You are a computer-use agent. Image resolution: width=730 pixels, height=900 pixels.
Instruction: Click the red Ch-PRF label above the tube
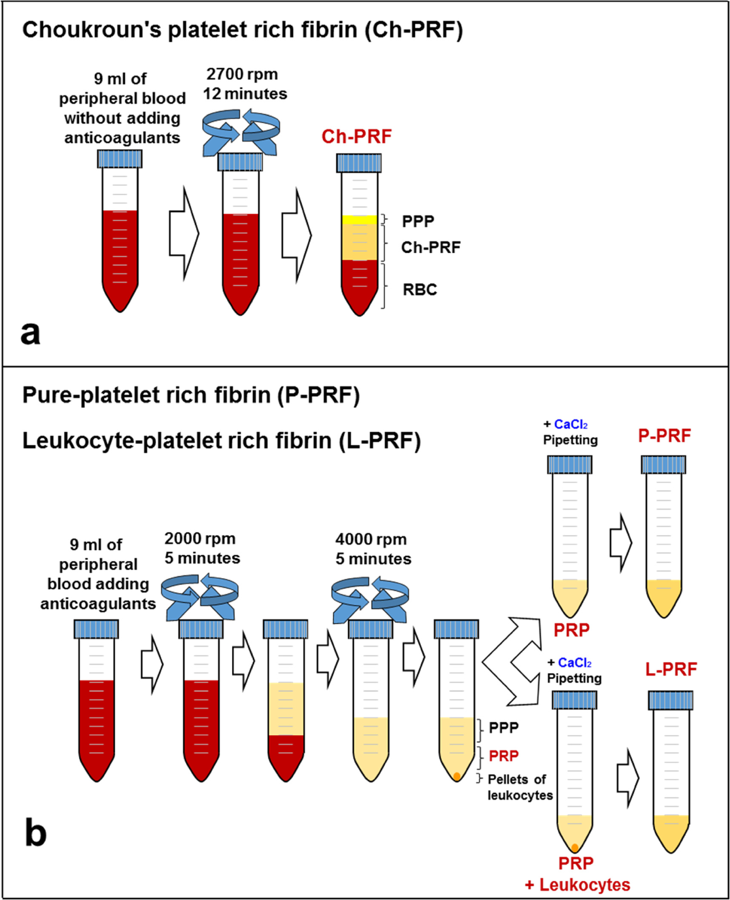356,137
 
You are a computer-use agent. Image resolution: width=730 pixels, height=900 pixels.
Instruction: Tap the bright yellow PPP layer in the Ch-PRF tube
359,220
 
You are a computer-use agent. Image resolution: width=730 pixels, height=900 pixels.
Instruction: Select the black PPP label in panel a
418,221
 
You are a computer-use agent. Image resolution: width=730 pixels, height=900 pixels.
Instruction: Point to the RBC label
420,290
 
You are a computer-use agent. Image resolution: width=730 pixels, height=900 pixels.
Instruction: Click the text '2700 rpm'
242,74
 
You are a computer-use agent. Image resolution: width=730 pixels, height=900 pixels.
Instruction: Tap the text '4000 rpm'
371,539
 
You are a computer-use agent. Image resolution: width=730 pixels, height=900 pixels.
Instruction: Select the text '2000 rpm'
200,539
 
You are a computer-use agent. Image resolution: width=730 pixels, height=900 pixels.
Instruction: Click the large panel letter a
30,333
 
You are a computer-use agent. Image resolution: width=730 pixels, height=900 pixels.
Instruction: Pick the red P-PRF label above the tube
664,436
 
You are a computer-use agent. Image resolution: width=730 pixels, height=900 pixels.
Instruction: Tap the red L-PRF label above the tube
671,669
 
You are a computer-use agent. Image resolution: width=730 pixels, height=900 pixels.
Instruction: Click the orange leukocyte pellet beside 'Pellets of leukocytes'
457,776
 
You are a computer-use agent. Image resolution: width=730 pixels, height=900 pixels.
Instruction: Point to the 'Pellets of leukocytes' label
520,787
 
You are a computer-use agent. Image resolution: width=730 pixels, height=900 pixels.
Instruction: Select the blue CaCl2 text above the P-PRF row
570,424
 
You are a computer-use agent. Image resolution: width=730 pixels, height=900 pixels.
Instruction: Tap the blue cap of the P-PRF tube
663,464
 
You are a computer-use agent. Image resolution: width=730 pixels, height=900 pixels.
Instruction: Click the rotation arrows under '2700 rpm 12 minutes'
240,132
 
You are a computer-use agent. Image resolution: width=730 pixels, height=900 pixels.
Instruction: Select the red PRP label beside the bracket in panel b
504,756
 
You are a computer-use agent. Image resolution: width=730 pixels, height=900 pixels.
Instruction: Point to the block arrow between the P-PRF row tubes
621,542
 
